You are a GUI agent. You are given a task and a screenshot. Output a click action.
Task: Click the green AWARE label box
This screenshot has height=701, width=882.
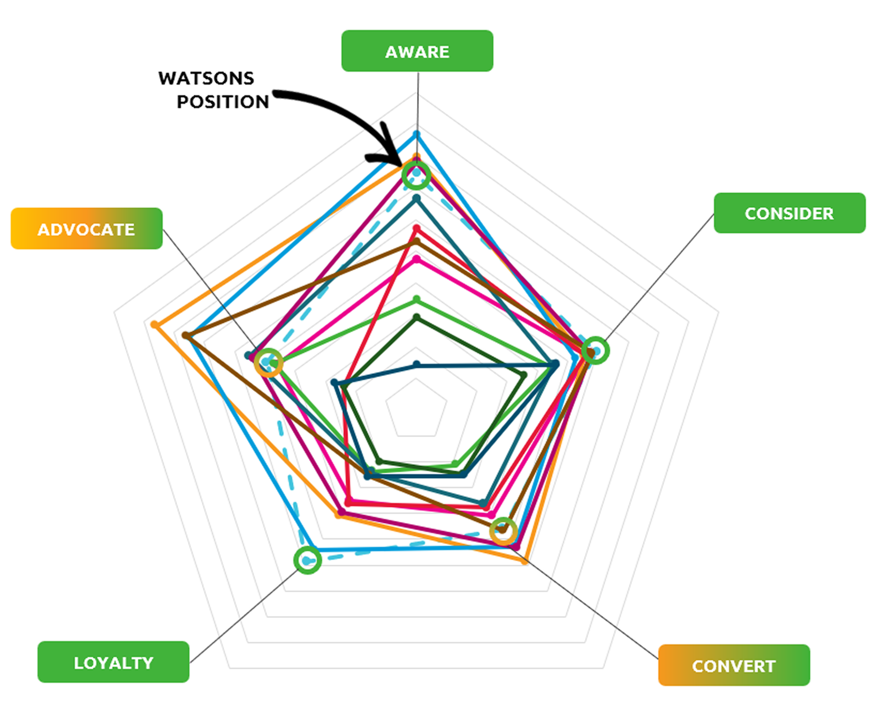[417, 51]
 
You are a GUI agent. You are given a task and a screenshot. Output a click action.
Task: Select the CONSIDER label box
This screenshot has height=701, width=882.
[789, 213]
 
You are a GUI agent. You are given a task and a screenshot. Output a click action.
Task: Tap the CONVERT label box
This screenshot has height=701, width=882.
[733, 665]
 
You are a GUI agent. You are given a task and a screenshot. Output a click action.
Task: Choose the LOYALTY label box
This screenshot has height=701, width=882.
[113, 662]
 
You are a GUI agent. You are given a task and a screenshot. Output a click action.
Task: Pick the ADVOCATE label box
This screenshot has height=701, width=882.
[86, 229]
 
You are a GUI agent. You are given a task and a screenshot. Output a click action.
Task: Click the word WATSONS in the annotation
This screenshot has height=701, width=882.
[206, 79]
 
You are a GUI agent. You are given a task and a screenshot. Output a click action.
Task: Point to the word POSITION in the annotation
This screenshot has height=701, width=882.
[223, 102]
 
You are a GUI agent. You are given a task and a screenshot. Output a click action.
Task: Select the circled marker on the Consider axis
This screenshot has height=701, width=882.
[595, 351]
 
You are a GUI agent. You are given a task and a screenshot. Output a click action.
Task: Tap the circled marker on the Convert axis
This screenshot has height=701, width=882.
[503, 531]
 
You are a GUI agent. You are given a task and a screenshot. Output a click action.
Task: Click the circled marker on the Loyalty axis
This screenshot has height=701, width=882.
[308, 560]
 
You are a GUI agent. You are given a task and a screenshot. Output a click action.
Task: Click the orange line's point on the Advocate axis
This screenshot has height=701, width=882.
[154, 325]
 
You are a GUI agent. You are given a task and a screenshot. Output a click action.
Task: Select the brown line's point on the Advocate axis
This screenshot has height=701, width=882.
[186, 336]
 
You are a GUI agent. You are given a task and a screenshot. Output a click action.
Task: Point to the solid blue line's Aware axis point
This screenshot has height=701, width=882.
[416, 134]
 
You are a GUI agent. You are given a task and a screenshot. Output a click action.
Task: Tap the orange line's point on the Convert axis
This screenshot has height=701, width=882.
[524, 561]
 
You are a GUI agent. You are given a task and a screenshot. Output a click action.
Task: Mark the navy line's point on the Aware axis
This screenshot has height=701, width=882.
[417, 364]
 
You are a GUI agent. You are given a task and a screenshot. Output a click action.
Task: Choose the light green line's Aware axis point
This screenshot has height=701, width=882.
[416, 299]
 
